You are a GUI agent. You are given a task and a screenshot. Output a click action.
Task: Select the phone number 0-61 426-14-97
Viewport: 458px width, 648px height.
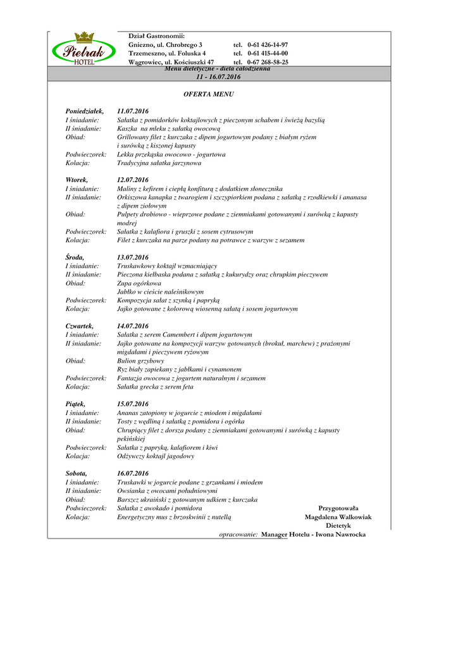pyautogui.click(x=268, y=45)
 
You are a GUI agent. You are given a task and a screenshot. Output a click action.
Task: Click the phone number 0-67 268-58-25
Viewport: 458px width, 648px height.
pyautogui.click(x=268, y=63)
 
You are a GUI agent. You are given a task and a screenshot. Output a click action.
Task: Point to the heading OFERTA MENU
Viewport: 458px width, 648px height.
pyautogui.click(x=208, y=94)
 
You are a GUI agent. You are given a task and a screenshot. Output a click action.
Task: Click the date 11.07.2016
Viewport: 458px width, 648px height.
pyautogui.click(x=132, y=111)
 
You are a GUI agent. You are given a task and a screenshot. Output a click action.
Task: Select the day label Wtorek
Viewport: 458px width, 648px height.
pyautogui.click(x=77, y=180)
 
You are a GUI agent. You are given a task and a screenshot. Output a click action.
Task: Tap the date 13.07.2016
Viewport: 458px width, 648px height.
pyautogui.click(x=132, y=258)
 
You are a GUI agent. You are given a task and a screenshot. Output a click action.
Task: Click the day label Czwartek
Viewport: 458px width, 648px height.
pyautogui.click(x=80, y=326)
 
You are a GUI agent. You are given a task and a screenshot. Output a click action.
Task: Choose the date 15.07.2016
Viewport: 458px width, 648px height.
pyautogui.click(x=132, y=404)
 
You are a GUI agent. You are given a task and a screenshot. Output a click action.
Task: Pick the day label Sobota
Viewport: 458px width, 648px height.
pyautogui.click(x=77, y=473)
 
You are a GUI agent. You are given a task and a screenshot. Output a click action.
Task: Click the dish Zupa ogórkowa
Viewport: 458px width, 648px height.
pyautogui.click(x=139, y=283)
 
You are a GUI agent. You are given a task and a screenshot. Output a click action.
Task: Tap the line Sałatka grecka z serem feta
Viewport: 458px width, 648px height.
pyautogui.click(x=155, y=387)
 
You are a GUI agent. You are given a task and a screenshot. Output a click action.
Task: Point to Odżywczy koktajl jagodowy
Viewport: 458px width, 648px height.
pyautogui.click(x=156, y=456)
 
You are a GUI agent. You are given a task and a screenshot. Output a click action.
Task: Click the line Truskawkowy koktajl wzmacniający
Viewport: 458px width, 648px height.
pyautogui.click(x=167, y=266)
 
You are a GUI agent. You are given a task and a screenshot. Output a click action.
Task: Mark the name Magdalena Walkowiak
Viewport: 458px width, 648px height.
pyautogui.click(x=338, y=517)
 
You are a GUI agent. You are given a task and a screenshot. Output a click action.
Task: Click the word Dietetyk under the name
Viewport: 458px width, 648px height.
pyautogui.click(x=338, y=526)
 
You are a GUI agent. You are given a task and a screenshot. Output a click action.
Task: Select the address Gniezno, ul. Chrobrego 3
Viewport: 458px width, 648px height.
pyautogui.click(x=165, y=45)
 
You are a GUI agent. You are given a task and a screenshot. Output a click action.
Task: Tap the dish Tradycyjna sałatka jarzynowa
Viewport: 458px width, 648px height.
pyautogui.click(x=159, y=163)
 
